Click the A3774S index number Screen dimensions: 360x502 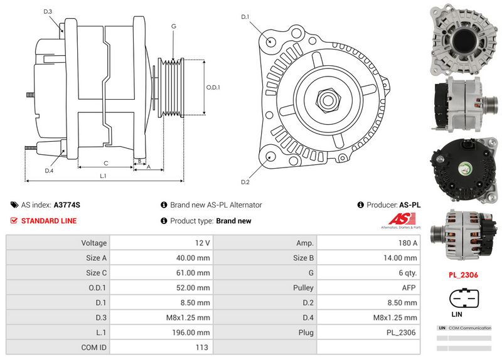coord(67,205)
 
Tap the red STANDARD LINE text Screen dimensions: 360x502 coord(49,221)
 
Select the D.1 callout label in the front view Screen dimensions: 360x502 coord(245,17)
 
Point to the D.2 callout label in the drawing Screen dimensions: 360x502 coord(245,182)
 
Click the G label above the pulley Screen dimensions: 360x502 coord(173,26)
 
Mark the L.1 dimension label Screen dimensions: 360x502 coord(103,177)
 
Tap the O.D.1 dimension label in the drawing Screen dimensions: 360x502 coord(214,87)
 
